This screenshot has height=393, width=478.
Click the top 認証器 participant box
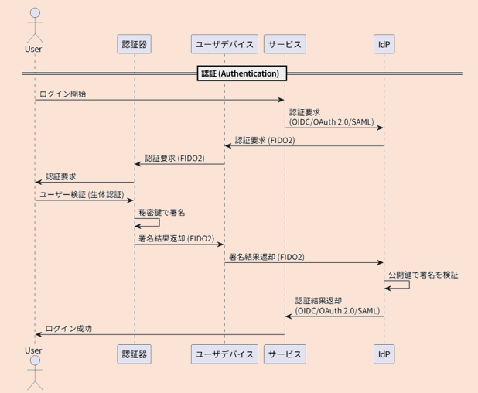[134, 44]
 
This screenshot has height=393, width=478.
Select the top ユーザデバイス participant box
[224, 44]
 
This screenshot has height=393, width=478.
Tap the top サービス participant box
[285, 44]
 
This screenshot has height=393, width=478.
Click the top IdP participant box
[384, 44]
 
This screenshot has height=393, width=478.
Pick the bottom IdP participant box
[384, 354]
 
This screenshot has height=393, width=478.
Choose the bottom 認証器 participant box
[134, 354]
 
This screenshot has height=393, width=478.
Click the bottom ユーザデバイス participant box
[224, 354]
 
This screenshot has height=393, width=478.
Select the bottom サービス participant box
[285, 354]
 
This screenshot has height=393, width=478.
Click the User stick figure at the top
[33, 23]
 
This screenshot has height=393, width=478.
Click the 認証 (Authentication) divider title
[240, 73]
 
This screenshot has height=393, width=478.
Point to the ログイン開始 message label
[63, 94]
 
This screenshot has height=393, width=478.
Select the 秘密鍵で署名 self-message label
[162, 212]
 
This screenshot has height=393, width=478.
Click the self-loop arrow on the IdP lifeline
[398, 285]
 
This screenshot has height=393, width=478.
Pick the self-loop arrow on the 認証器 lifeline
[149, 223]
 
